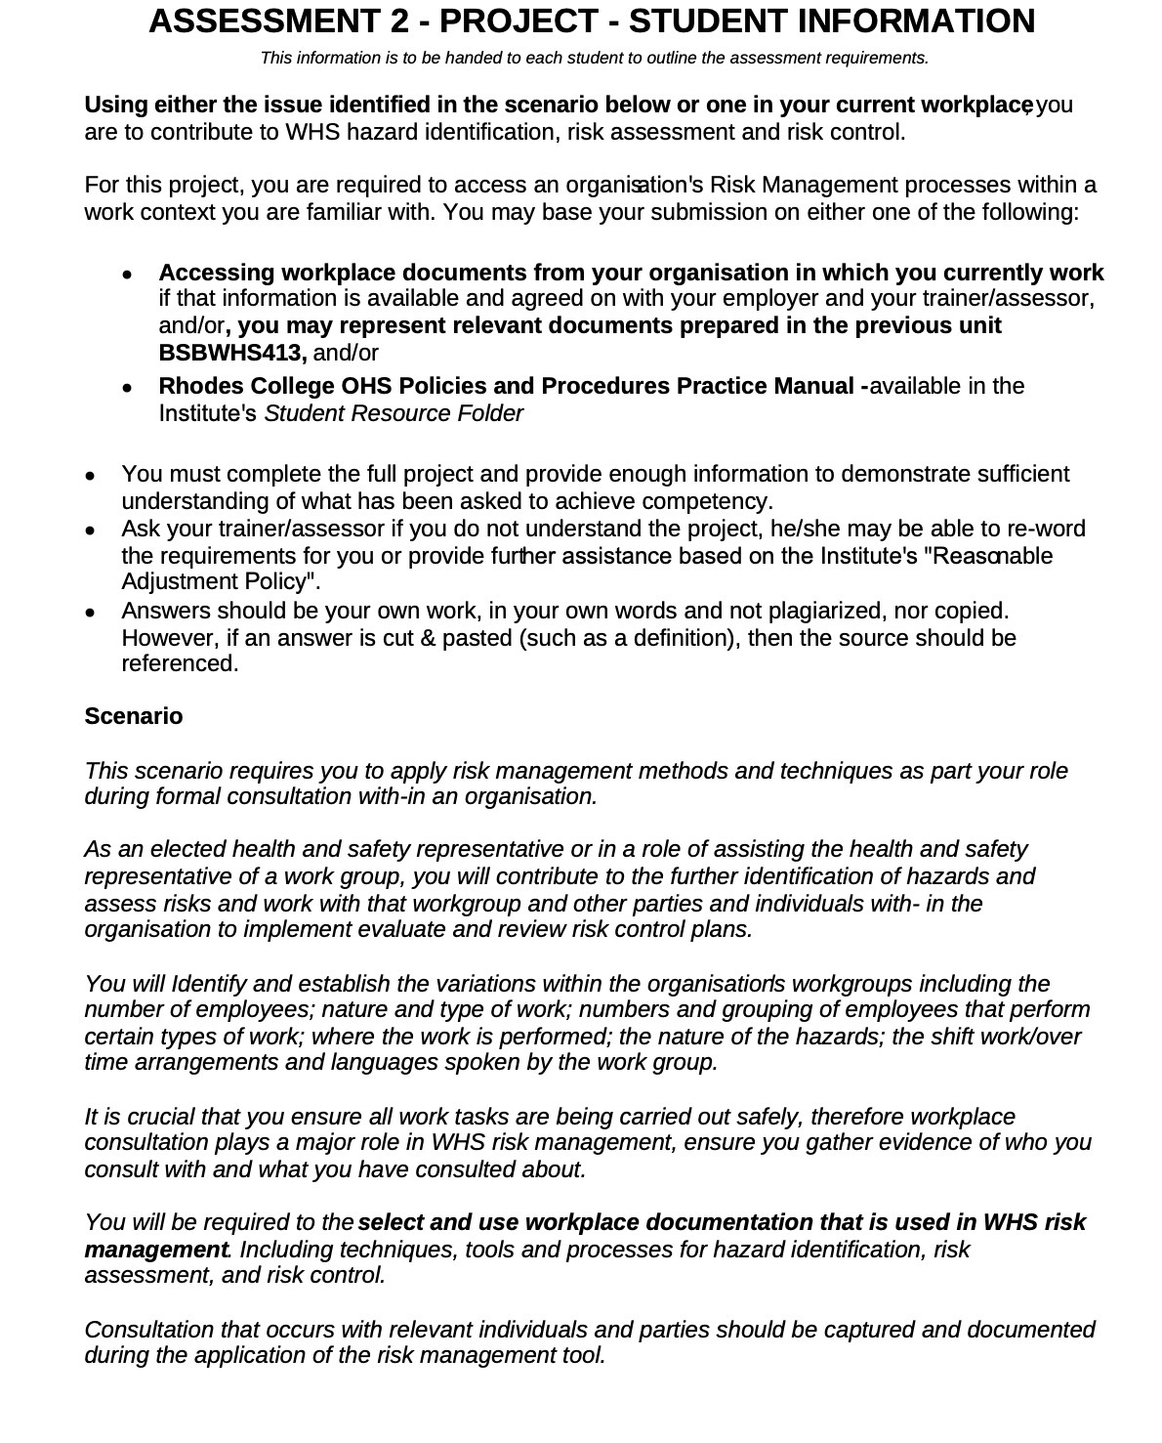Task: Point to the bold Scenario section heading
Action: (134, 716)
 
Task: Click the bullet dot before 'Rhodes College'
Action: (127, 388)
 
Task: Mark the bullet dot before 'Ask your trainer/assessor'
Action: (90, 531)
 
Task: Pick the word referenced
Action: (179, 663)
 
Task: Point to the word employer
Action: (759, 298)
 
